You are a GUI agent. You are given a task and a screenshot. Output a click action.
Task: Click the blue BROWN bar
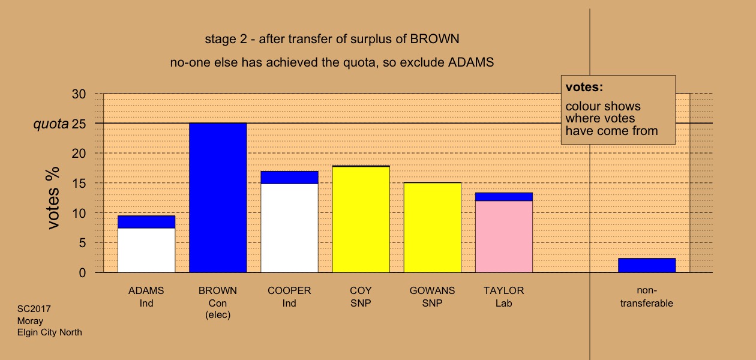[x=218, y=198]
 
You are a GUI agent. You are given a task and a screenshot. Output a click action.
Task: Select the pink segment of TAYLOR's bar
[x=504, y=236]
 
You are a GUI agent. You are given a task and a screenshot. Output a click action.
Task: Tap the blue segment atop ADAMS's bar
[x=146, y=222]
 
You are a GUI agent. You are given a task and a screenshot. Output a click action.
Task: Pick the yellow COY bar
[x=361, y=220]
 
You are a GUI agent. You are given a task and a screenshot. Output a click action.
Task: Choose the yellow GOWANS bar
[x=433, y=228]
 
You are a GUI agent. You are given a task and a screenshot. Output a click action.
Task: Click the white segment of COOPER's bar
[x=289, y=228]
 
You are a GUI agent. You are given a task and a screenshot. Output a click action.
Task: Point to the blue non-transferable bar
[x=647, y=265]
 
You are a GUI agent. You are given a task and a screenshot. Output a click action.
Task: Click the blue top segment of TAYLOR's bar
[x=504, y=197]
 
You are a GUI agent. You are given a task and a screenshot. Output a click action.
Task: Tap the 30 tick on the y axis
[x=79, y=94]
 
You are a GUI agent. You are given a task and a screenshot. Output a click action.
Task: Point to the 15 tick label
[x=79, y=184]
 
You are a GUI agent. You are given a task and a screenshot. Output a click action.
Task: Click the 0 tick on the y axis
[x=82, y=272]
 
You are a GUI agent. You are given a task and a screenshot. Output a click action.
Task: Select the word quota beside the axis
[x=51, y=124]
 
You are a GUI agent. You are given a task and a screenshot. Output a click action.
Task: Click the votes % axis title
[x=53, y=198]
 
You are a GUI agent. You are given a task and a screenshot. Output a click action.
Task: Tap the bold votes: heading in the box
[x=584, y=87]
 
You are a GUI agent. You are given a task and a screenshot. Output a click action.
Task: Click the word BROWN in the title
[x=434, y=39]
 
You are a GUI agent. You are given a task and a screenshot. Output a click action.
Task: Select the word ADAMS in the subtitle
[x=471, y=62]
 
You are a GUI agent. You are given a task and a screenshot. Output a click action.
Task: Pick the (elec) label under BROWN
[x=218, y=315]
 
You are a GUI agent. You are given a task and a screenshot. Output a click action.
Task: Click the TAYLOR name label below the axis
[x=503, y=290]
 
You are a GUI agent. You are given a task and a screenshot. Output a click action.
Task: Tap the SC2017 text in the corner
[x=34, y=309]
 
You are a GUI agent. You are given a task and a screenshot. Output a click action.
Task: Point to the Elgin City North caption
[x=50, y=332]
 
